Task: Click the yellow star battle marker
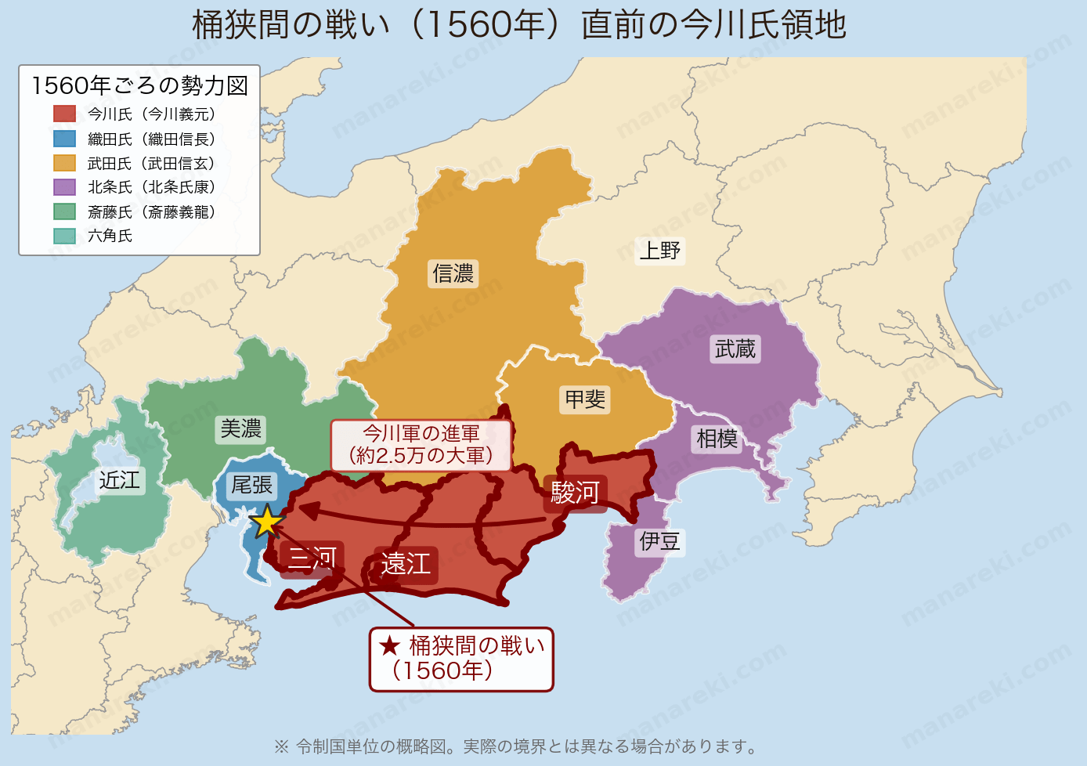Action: tap(267, 521)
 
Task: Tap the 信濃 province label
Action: tap(453, 273)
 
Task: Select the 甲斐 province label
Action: tap(585, 399)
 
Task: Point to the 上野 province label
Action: tap(660, 251)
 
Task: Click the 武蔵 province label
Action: tap(735, 349)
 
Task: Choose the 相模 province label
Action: tap(717, 439)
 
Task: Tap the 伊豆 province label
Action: tap(659, 541)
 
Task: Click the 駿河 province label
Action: tap(575, 493)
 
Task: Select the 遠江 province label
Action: tap(406, 564)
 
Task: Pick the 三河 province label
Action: tap(312, 559)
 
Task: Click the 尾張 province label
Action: tap(251, 486)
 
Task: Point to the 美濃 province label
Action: tap(240, 429)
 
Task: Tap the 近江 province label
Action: tap(119, 480)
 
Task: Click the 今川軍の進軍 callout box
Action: tap(421, 445)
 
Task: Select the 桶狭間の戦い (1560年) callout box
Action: tap(461, 659)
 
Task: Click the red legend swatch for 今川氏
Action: tap(64, 114)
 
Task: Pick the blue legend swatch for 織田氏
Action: tap(64, 139)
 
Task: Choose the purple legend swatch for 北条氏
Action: tap(64, 187)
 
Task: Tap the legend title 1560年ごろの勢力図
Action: tap(139, 85)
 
